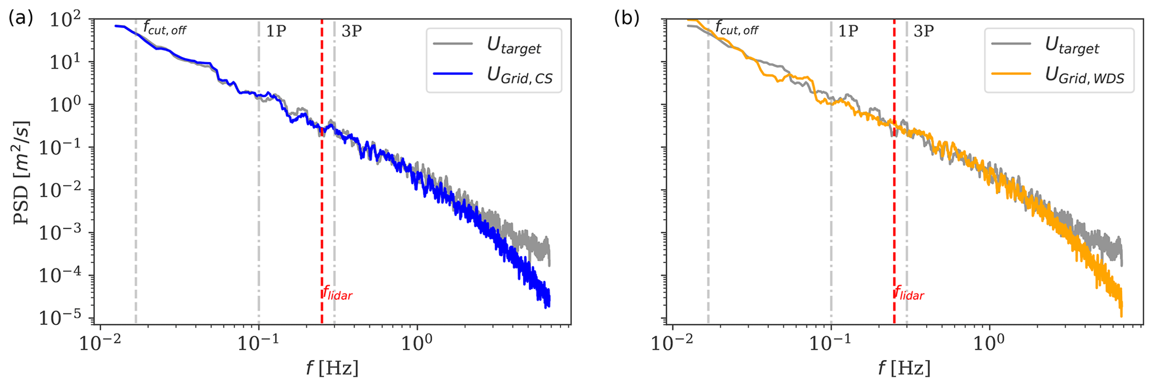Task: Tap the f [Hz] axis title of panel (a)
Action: coord(332,367)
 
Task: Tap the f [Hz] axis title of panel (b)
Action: coord(904,367)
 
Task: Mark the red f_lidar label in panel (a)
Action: coord(337,293)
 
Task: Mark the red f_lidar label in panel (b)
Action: coord(909,293)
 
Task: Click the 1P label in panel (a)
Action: coord(275,31)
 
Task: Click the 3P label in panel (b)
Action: coord(923,31)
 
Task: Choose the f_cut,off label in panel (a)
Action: coord(164,28)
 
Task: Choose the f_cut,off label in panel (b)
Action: coord(736,28)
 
